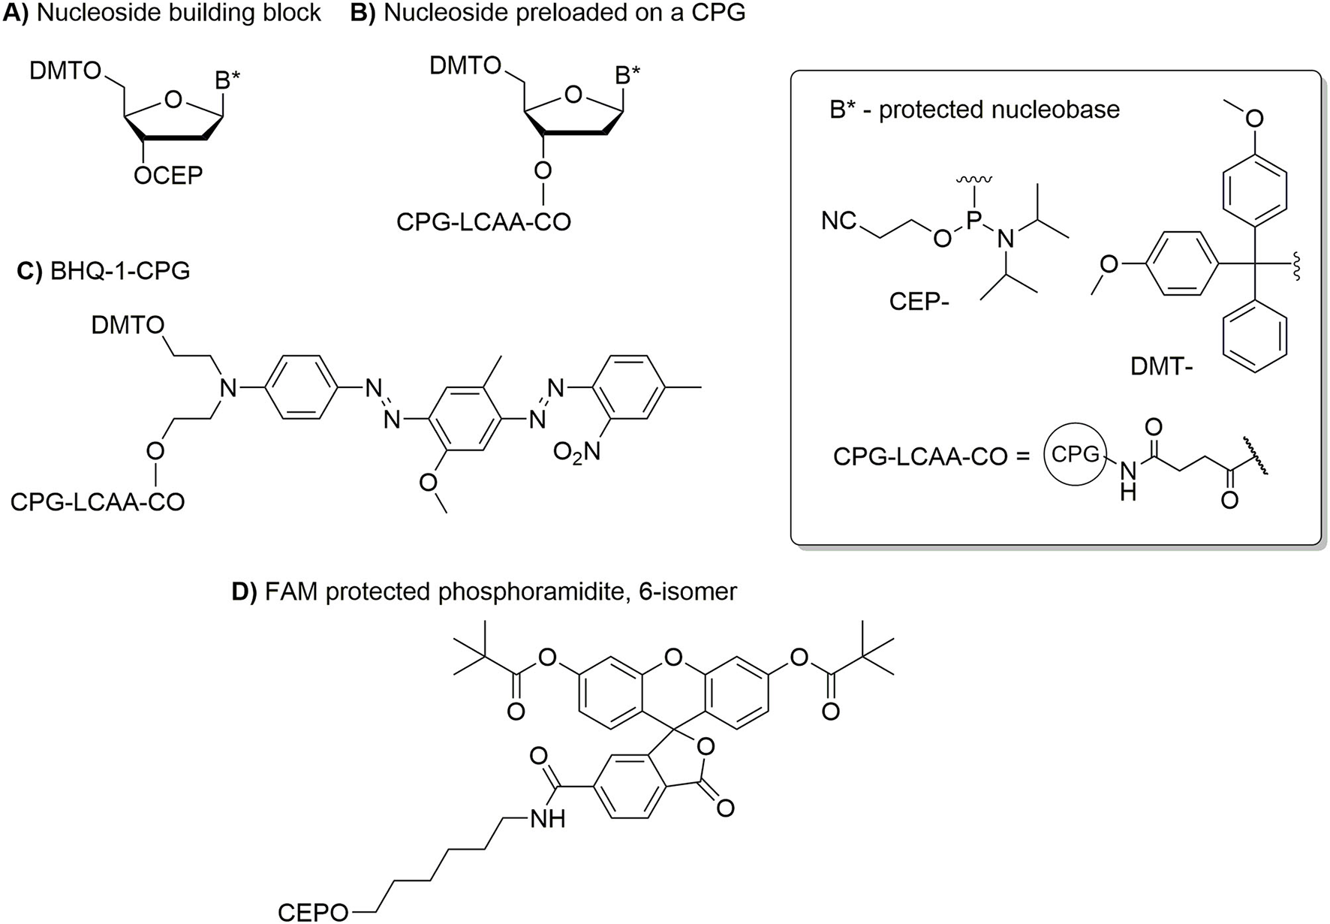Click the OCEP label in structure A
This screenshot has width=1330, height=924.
coord(168,176)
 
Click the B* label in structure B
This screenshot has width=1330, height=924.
coord(627,75)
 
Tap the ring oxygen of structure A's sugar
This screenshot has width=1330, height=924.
coord(173,100)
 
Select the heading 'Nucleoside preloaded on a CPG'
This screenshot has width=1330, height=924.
coord(564,13)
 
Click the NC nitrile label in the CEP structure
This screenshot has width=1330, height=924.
coord(839,221)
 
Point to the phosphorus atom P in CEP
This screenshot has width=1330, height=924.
coord(973,215)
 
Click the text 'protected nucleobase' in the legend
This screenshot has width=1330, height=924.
coord(999,110)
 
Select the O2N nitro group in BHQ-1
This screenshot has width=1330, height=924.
coord(577,452)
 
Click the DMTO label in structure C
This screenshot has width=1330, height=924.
coord(128,325)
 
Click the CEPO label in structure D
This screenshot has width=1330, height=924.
coord(313,912)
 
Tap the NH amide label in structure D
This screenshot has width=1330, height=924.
coord(547,819)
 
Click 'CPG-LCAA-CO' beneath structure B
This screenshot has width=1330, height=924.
coord(483,221)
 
